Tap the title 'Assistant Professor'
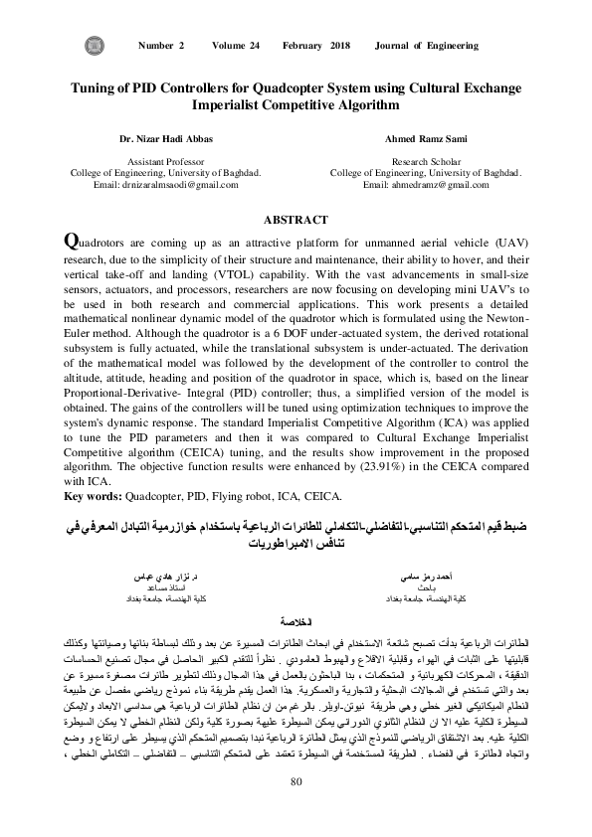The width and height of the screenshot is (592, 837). click(160, 161)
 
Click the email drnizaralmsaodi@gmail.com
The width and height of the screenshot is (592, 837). click(160, 185)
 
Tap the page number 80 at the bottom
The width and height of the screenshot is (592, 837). click(296, 807)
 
